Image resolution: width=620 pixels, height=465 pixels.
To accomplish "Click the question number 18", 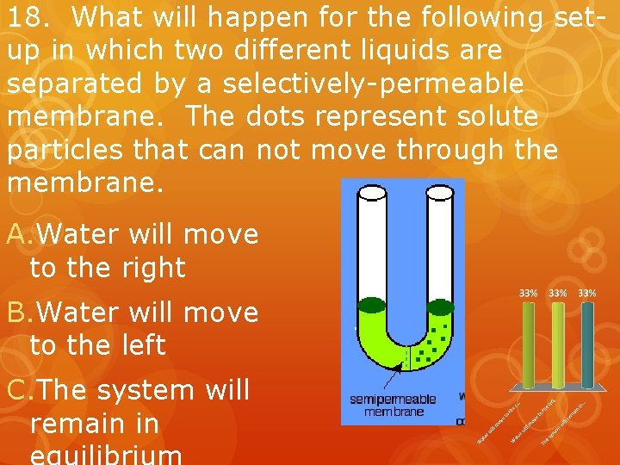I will coord(26,17).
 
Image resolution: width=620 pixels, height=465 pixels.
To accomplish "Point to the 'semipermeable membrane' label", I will coord(394,405).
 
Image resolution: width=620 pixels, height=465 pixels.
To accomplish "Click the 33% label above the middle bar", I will coord(558,293).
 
